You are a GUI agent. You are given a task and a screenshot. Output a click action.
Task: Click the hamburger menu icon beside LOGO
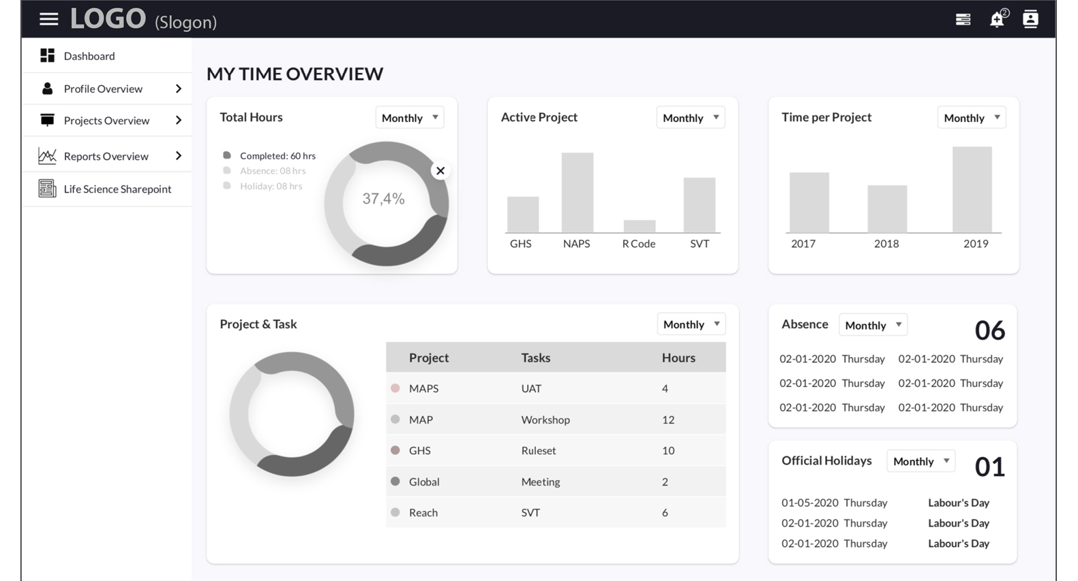(48, 19)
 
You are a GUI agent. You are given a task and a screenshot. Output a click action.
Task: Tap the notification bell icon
(998, 19)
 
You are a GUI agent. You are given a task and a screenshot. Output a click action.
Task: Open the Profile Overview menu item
(103, 89)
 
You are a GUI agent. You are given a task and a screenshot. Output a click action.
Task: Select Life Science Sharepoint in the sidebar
(117, 189)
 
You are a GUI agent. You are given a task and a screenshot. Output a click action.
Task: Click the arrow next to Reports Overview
(179, 156)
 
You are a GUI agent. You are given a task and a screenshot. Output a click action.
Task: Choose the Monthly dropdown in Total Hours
(410, 118)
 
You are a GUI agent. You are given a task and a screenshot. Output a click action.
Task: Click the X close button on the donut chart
(440, 170)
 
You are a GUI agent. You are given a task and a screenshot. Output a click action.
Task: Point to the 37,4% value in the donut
(384, 198)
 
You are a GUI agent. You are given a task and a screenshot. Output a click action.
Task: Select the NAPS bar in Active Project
(577, 193)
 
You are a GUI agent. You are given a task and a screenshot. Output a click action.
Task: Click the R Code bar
(640, 226)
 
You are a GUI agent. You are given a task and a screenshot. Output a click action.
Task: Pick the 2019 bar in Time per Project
(972, 190)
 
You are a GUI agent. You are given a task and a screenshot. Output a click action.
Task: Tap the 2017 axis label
(803, 244)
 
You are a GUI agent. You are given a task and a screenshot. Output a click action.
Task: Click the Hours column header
(678, 358)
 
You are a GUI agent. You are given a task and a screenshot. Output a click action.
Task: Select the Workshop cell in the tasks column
(545, 420)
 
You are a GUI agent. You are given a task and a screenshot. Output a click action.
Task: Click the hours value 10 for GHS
(668, 450)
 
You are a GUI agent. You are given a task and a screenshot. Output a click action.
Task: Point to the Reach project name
(423, 513)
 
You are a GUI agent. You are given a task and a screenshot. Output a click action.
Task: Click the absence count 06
(990, 330)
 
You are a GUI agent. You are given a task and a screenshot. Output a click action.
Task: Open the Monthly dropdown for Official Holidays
(920, 461)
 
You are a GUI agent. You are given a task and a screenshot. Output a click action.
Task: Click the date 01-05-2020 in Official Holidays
(810, 503)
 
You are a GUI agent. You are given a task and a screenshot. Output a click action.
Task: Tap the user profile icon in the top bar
(1030, 19)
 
